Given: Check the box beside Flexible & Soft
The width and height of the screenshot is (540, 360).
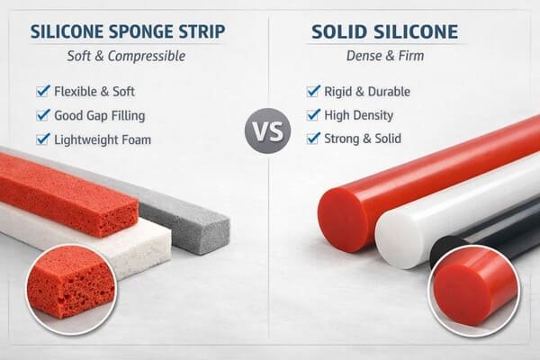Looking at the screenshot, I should pyautogui.click(x=42, y=91).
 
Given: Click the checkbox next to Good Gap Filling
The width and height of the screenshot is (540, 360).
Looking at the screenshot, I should pyautogui.click(x=42, y=115).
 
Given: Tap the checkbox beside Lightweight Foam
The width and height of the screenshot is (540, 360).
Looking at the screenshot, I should pyautogui.click(x=42, y=139).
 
